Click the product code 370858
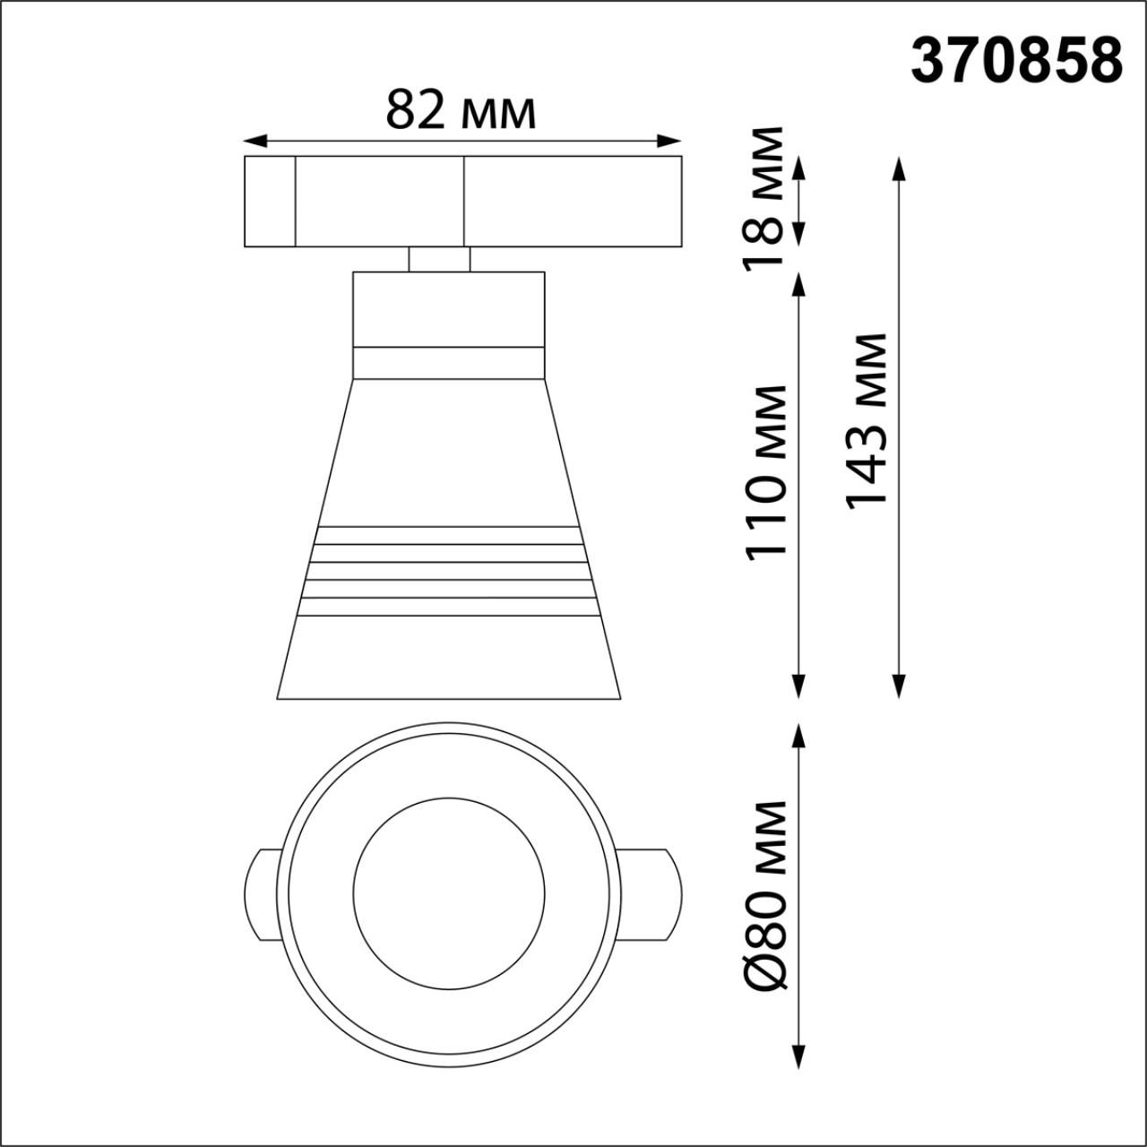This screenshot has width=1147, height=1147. pos(1016,61)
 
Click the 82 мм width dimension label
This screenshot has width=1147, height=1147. pos(461,111)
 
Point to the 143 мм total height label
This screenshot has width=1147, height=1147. pos(867,421)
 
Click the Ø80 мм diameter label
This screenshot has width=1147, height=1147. pos(767,896)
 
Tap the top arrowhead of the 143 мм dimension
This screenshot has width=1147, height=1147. pos(899,167)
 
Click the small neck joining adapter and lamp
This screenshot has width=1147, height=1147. pos(439,259)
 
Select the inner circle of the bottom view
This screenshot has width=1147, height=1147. pos(449,893)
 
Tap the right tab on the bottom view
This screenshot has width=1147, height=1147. pos(651,894)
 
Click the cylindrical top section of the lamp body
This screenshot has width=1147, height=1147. pos(448,308)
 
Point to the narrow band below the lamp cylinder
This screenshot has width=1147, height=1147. pos(448,362)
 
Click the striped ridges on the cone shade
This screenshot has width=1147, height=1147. pos(448,571)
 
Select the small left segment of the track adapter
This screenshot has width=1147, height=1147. pos(270,201)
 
